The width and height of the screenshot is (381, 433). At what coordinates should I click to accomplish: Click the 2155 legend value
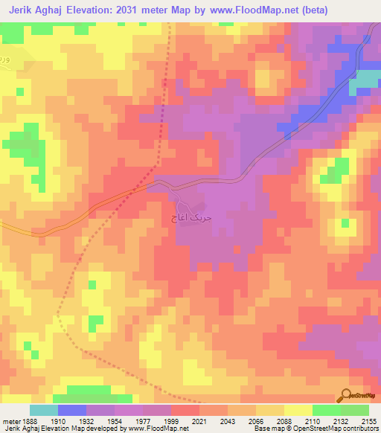click(369, 421)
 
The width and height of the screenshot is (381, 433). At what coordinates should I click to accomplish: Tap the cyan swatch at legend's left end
click(44, 410)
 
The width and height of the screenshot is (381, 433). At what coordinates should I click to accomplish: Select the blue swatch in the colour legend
click(72, 410)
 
